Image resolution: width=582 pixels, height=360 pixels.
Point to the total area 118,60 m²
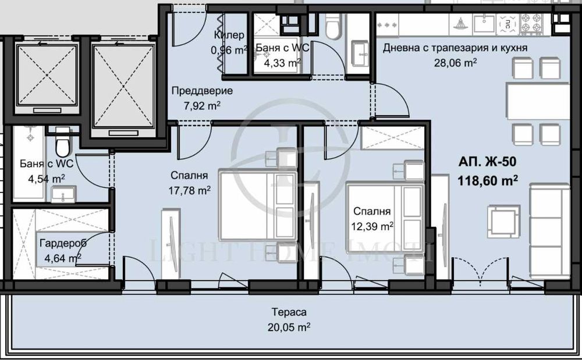coord(488,181)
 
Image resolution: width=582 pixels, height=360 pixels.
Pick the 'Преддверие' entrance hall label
coord(201,91)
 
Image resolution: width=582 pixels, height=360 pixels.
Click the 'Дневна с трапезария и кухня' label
coord(455,48)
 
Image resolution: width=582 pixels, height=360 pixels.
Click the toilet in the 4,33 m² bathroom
coord(333,26)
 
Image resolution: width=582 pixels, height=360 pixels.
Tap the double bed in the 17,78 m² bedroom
coord(256,205)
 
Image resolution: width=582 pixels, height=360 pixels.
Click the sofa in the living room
coord(548,230)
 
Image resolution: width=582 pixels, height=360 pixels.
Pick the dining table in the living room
coord(537,102)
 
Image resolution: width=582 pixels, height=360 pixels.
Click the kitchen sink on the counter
coord(483,24)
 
